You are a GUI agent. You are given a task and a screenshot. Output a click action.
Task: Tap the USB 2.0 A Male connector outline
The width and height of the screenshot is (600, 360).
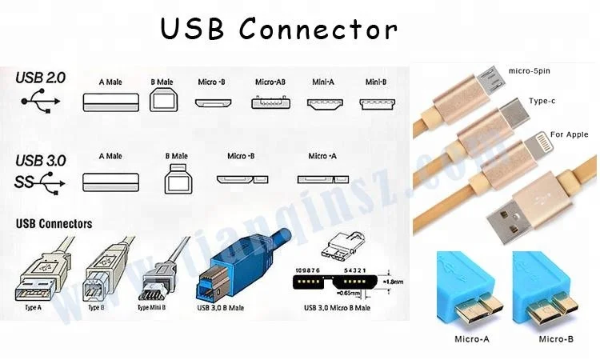[x=113, y=102]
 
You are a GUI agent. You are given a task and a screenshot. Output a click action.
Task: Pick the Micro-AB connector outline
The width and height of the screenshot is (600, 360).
[x=270, y=103]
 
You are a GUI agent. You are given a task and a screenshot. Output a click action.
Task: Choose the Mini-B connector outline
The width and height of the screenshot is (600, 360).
[x=377, y=103]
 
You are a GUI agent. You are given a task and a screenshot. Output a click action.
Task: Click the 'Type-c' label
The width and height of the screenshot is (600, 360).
[x=542, y=102]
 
